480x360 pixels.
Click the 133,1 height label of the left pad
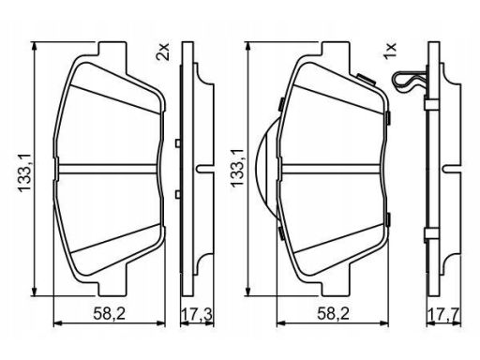[x=24, y=169]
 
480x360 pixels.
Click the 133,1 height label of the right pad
[x=237, y=168]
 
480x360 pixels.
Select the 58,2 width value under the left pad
[x=109, y=313]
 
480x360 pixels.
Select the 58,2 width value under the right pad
[x=333, y=313]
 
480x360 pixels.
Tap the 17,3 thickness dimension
[x=197, y=314]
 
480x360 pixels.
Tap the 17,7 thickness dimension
[x=443, y=314]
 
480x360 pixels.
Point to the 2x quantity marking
[x=163, y=52]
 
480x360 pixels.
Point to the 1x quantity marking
[x=390, y=52]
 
